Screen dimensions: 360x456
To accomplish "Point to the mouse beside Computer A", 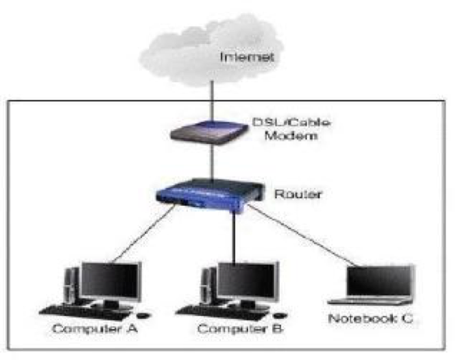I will point(142,315).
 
